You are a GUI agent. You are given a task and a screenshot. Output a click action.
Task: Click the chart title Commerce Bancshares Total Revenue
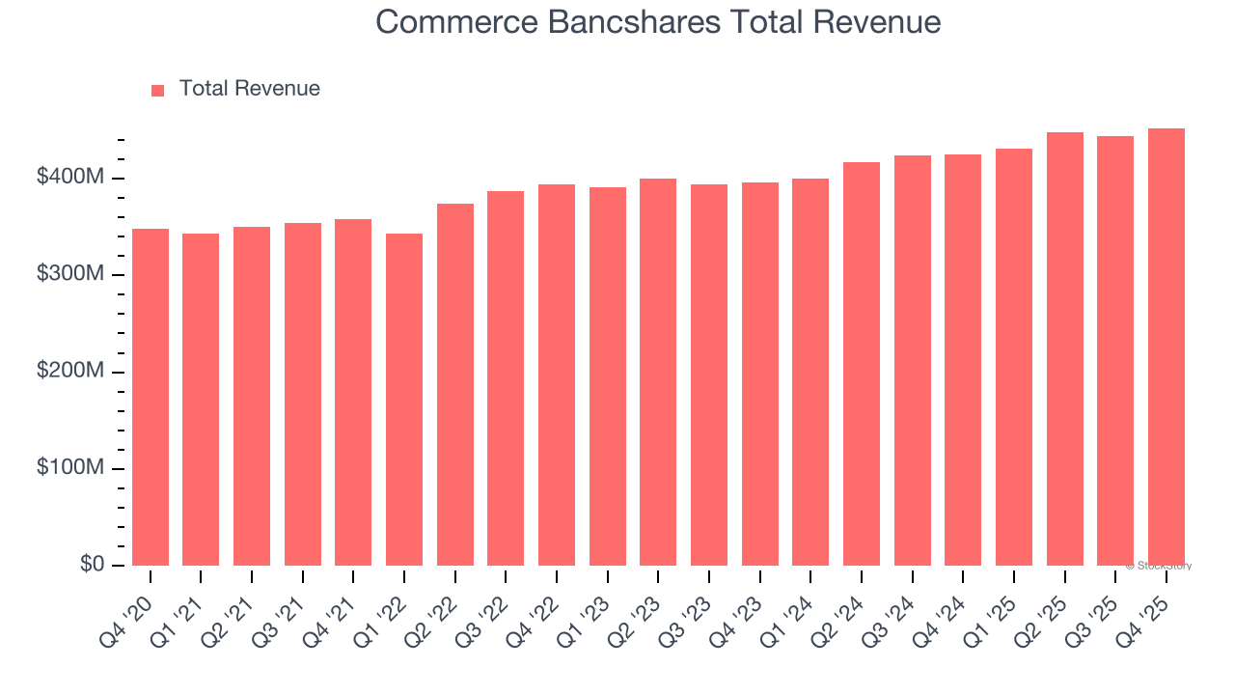point(658,21)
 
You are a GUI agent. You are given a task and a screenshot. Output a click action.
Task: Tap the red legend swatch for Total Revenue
point(158,90)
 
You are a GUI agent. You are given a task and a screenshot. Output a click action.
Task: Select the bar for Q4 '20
point(151,397)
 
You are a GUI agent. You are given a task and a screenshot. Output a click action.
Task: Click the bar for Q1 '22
point(404,400)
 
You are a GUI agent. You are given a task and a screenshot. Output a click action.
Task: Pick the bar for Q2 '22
point(455,384)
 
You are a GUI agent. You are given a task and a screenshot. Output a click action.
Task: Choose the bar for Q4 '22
point(557,375)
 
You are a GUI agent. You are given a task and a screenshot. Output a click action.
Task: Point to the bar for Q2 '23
point(658,372)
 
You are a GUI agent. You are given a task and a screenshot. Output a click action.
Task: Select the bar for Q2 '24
point(862,364)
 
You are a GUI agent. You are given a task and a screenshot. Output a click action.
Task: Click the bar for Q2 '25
point(1065,348)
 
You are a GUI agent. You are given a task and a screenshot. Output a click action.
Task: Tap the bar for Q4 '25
point(1166,347)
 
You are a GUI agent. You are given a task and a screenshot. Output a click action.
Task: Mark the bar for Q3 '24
point(913,360)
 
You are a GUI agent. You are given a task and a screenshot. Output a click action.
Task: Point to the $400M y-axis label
point(71,178)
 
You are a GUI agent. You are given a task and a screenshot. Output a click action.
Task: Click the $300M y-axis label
point(71,274)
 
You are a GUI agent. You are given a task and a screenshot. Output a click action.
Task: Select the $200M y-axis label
point(71,372)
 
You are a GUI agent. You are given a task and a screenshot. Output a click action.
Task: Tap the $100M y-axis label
point(71,468)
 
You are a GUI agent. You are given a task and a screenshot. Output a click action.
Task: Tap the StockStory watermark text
point(1158,566)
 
